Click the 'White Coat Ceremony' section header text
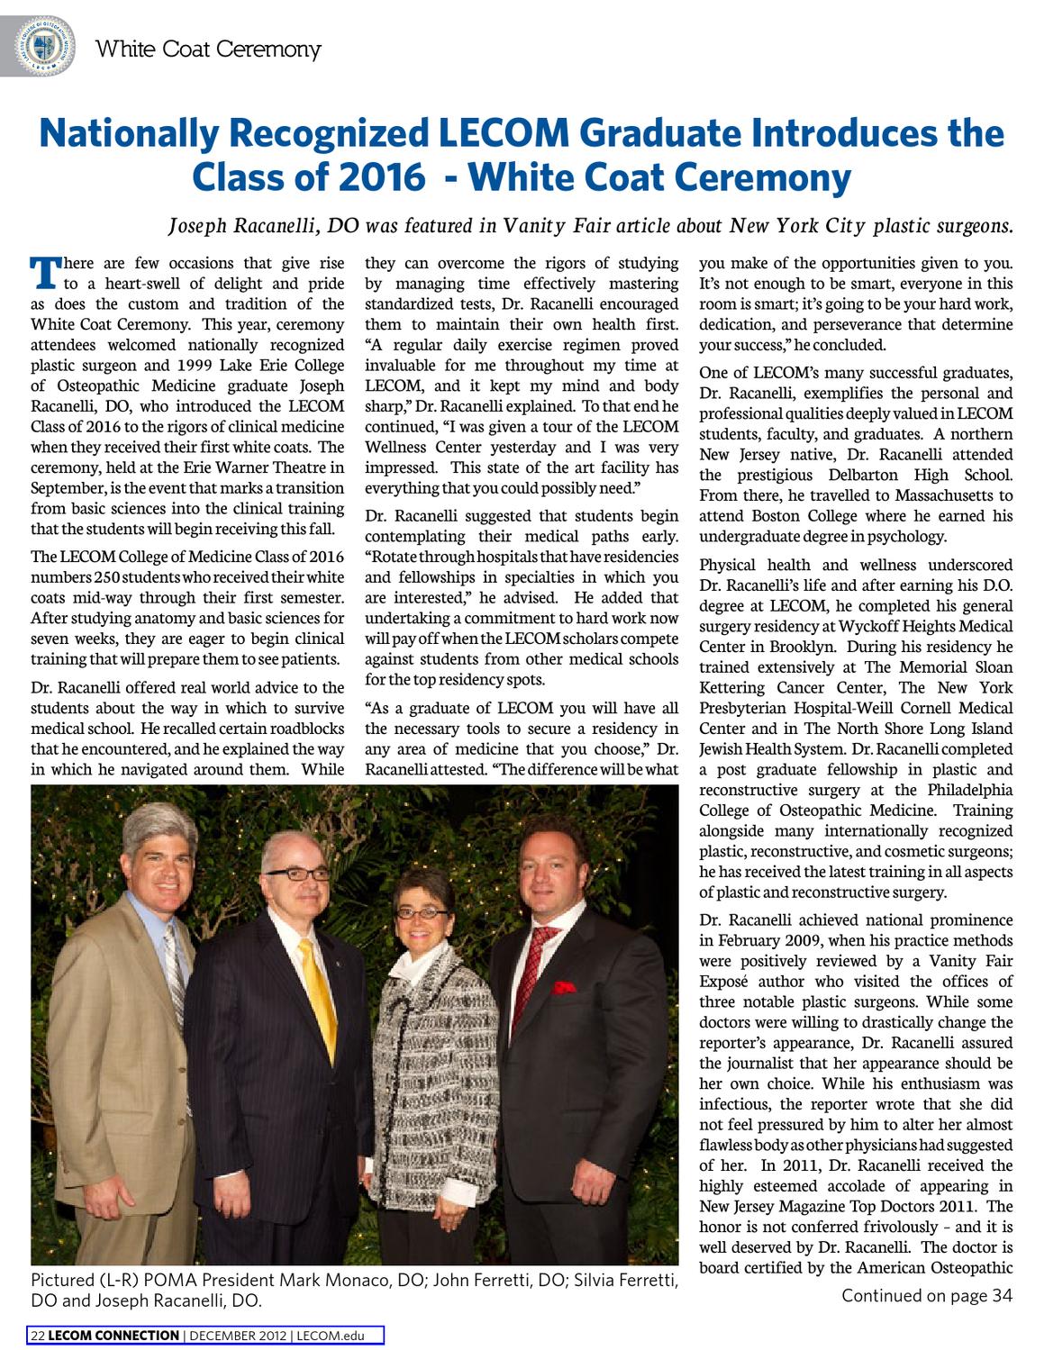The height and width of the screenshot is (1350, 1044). coord(208,49)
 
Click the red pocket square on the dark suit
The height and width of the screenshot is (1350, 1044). coord(564,987)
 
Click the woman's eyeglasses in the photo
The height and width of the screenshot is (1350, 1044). coord(423,912)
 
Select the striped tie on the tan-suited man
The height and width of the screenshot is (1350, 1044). coord(174,972)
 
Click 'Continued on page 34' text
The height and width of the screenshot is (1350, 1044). coord(927,1296)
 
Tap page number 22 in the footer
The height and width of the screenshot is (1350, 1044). coord(38,1336)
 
